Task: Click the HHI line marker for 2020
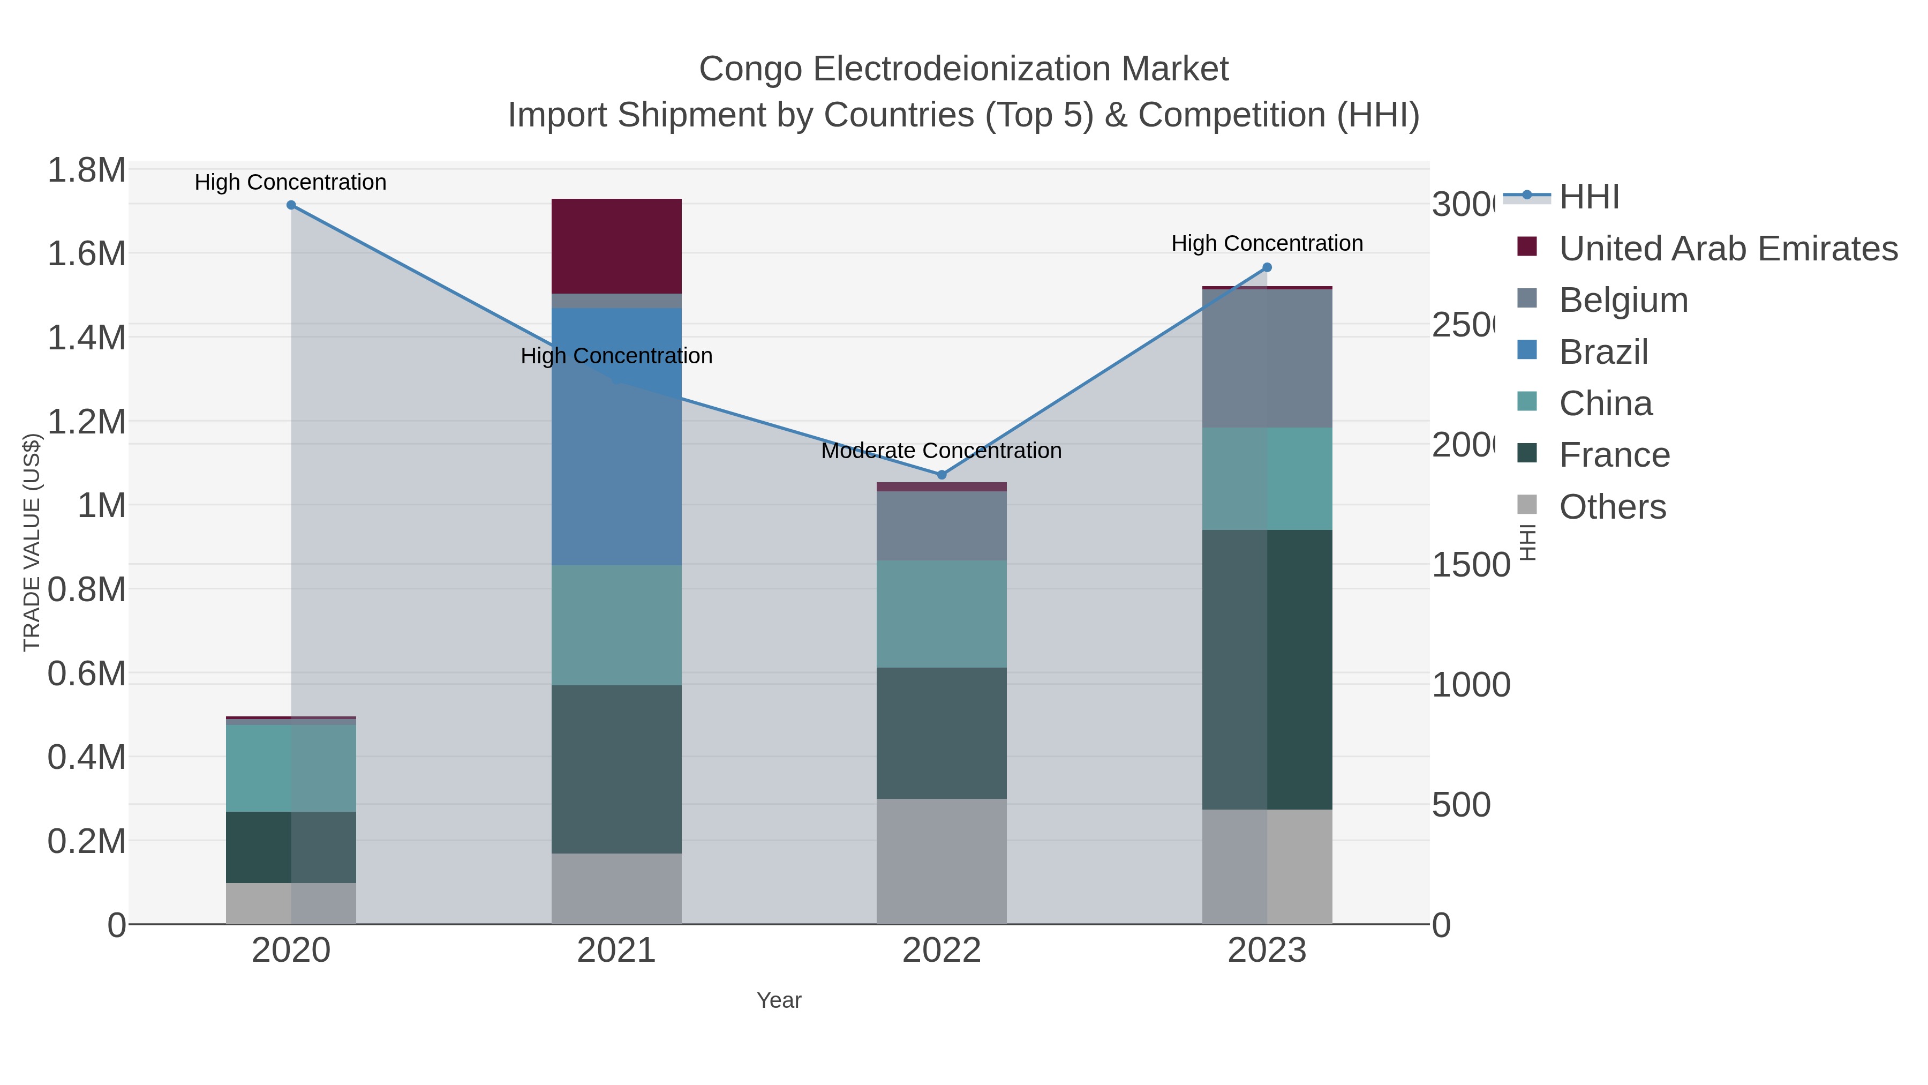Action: pos(291,205)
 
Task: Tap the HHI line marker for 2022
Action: pos(942,475)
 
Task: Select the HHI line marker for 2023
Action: pos(1267,267)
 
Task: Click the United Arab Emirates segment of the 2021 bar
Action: pos(616,245)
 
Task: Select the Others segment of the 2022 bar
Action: pos(942,861)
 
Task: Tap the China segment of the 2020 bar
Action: pos(291,767)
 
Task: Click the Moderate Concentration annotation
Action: pos(941,451)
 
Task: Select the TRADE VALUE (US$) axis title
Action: pos(32,542)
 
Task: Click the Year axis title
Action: pos(778,1000)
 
